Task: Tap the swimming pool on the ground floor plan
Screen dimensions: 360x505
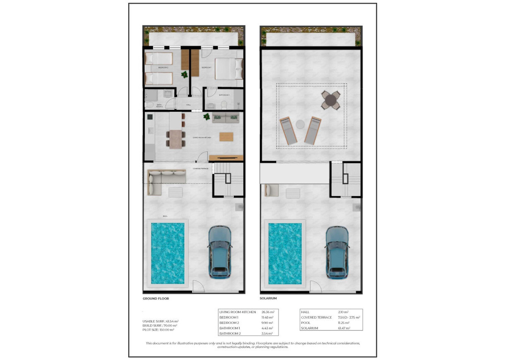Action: tap(168, 253)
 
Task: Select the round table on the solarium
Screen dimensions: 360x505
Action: tap(331, 100)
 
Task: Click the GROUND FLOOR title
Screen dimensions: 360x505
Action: tap(156, 298)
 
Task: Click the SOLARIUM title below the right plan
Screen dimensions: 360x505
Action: tap(268, 298)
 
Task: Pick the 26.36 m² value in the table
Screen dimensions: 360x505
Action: tap(268, 312)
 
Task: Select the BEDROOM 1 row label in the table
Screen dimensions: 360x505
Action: tap(229, 317)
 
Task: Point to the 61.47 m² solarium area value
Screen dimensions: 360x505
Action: tap(344, 328)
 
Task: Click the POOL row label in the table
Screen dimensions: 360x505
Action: tap(306, 323)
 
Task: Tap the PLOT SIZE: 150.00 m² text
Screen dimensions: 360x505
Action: tap(158, 330)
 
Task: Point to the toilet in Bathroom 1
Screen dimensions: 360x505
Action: tap(224, 104)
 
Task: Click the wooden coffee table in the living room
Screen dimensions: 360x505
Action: tap(226, 137)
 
